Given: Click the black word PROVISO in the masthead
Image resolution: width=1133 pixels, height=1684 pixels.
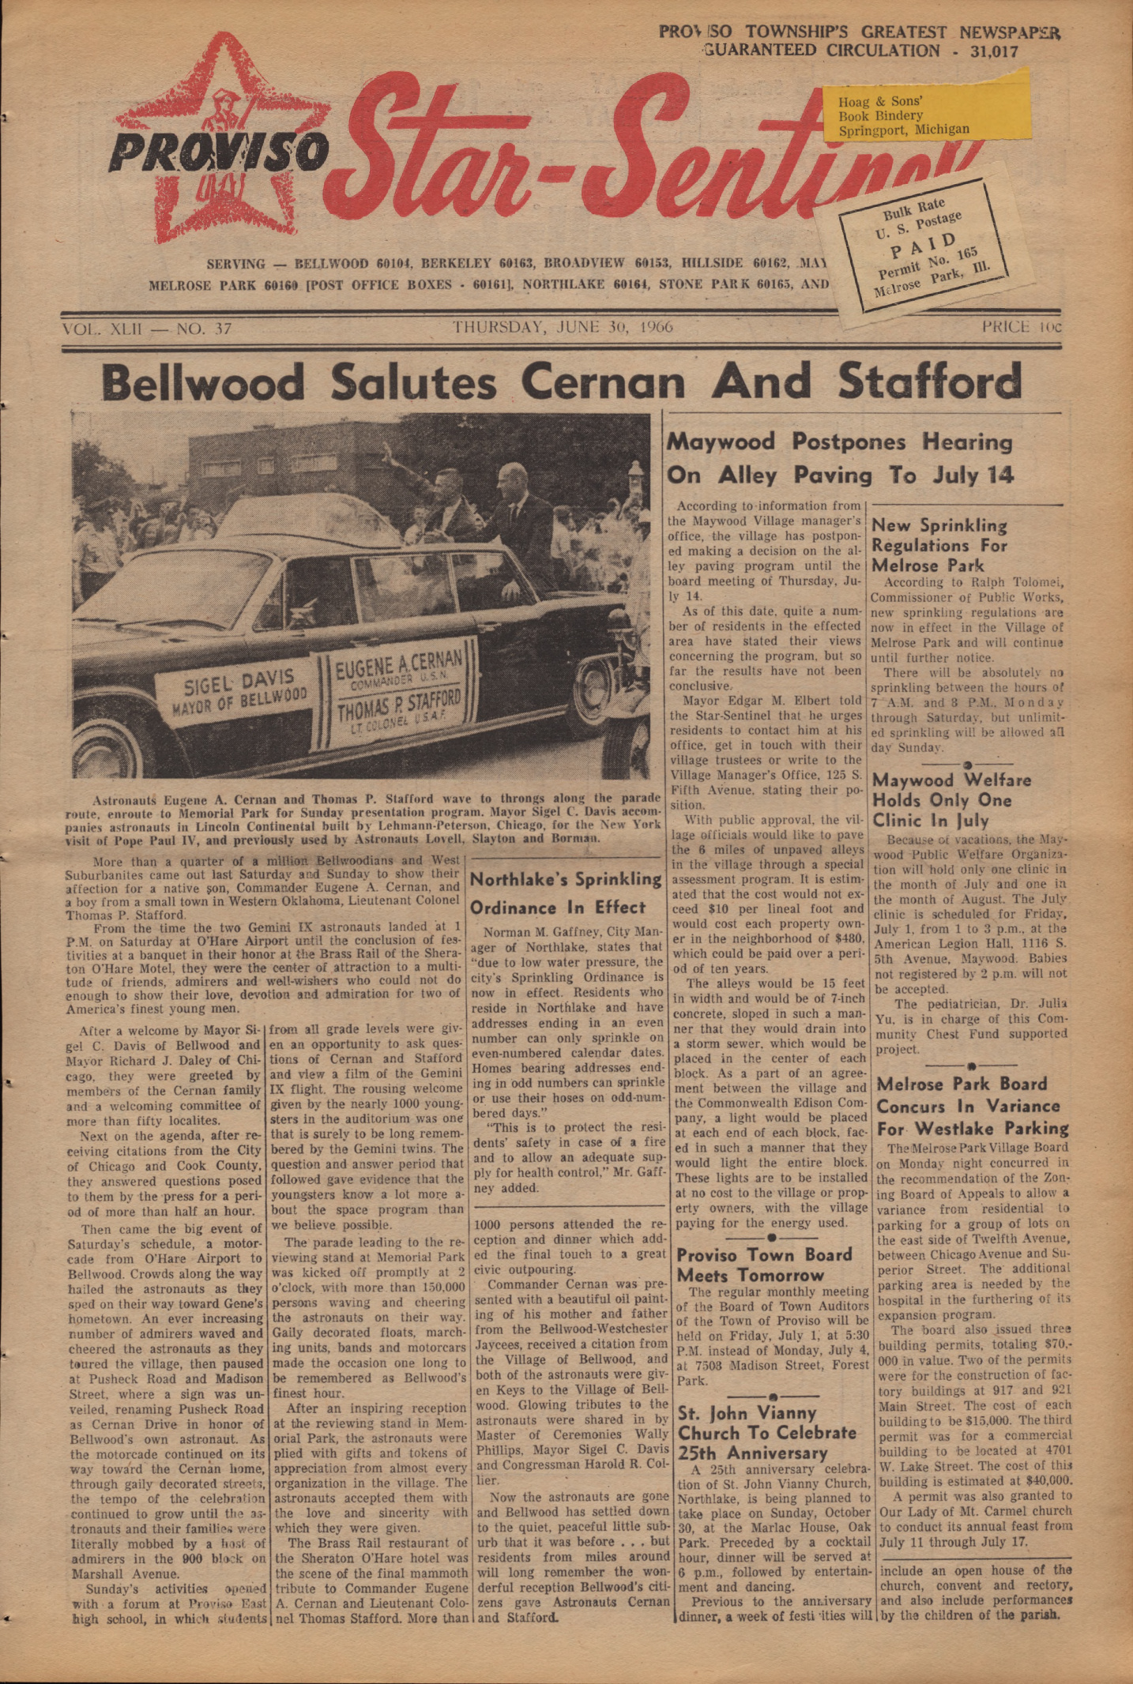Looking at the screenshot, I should (x=217, y=148).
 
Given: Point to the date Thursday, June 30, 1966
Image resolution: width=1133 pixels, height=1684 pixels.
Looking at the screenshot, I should (x=563, y=327).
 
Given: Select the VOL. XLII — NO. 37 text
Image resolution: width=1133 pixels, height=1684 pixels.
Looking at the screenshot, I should (x=147, y=328).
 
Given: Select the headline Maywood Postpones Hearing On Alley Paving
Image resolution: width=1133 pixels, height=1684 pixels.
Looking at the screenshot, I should (x=839, y=458).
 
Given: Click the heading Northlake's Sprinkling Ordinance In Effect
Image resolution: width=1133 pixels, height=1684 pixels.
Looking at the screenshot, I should (x=566, y=893).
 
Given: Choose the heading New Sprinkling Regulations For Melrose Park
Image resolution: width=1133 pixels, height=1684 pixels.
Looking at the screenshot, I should (x=939, y=545).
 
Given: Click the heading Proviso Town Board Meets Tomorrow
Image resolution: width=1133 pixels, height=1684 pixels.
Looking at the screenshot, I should (x=764, y=1265).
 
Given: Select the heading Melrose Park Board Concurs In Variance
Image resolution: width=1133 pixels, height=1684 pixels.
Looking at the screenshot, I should (x=972, y=1106).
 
